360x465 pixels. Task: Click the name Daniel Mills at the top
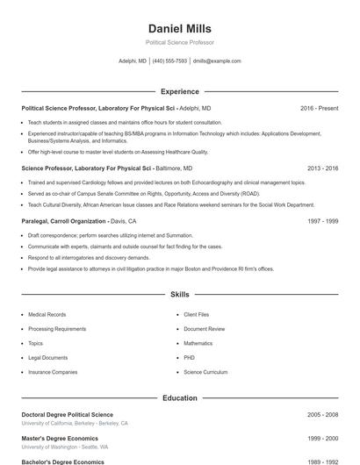[x=179, y=28]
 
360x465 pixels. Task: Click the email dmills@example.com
[x=217, y=61]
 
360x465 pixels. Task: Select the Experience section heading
[x=179, y=91]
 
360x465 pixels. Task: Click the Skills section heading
[x=179, y=295]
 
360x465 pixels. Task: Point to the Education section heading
[x=179, y=397]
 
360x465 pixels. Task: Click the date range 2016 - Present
[x=319, y=108]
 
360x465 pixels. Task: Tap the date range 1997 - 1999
[x=323, y=221]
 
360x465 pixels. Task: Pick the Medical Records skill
[x=47, y=314]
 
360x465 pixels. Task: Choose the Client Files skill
[x=197, y=314]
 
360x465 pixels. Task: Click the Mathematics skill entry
[x=198, y=343]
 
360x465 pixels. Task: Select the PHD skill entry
[x=190, y=358]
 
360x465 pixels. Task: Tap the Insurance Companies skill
[x=53, y=372]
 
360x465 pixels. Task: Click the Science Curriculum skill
[x=205, y=372]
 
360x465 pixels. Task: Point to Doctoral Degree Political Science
[x=67, y=414]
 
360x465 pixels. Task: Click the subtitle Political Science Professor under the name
[x=179, y=42]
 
